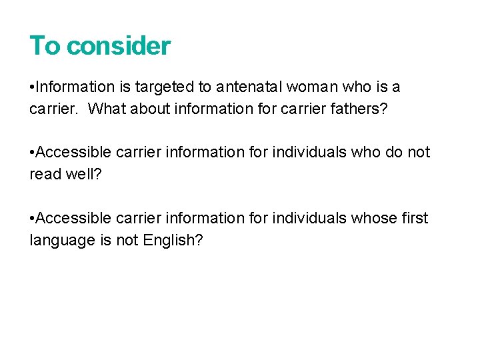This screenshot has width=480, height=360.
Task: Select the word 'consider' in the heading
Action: tap(119, 46)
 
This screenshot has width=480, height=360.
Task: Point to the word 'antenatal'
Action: tap(245, 87)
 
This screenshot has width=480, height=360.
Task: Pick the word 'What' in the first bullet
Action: tap(106, 108)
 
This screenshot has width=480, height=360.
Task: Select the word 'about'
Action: tap(149, 108)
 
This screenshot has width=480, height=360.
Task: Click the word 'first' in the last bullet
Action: tap(417, 218)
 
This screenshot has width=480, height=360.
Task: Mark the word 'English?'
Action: tap(173, 240)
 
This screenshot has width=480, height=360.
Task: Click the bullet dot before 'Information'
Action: tap(32, 87)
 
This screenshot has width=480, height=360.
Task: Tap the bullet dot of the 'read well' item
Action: tap(32, 153)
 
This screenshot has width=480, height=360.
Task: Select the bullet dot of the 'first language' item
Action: tap(32, 219)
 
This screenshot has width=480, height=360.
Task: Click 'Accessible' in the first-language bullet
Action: tap(73, 218)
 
